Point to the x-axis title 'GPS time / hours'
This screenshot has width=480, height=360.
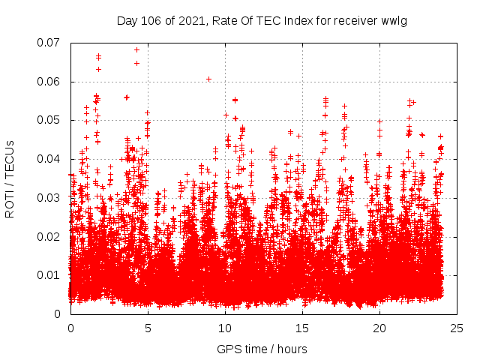262,349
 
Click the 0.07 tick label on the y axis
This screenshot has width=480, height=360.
50,43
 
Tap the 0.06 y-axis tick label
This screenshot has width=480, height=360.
50,82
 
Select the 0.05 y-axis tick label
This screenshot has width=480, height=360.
50,120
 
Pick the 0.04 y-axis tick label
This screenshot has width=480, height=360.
50,159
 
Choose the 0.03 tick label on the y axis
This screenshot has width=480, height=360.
50,198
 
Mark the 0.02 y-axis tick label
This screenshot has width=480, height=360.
50,236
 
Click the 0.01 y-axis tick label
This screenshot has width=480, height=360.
50,275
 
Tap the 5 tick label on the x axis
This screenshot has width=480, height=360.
148,328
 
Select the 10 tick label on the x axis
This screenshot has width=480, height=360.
225,328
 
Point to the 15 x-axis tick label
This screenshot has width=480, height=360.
302,328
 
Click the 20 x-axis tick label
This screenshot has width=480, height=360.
379,328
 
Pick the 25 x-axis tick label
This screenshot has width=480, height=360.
457,328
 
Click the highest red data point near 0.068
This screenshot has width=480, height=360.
136,49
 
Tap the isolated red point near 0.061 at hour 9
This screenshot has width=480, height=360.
209,79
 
